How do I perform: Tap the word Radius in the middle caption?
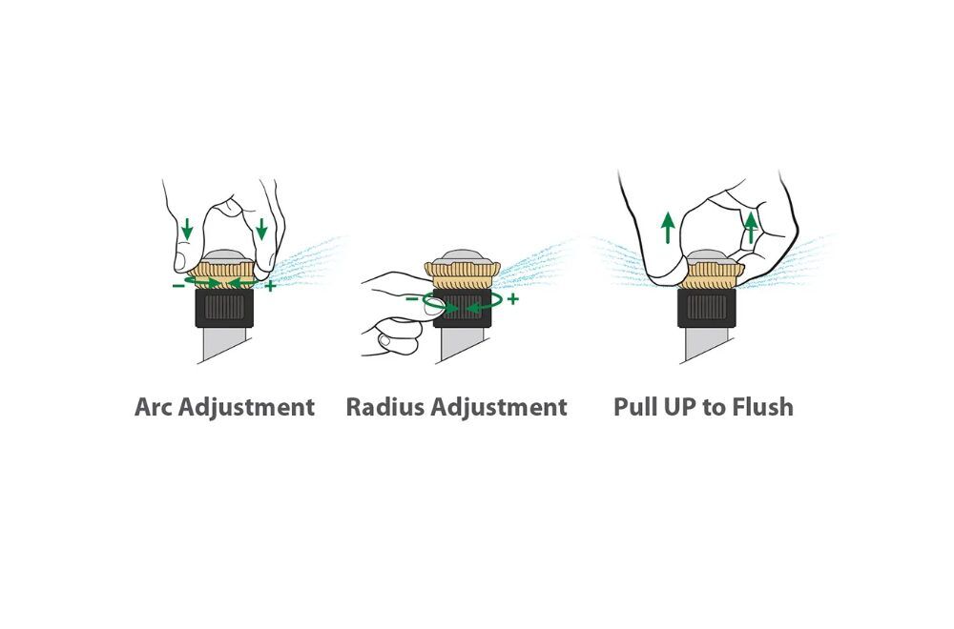pyautogui.click(x=385, y=407)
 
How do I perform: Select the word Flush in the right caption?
pyautogui.click(x=763, y=407)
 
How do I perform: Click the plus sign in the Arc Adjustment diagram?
pyautogui.click(x=271, y=286)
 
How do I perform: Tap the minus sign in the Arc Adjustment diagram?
pyautogui.click(x=177, y=285)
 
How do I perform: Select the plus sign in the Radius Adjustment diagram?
pyautogui.click(x=513, y=299)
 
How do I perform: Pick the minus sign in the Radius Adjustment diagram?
pyautogui.click(x=412, y=299)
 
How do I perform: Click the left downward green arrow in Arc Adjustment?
pyautogui.click(x=187, y=229)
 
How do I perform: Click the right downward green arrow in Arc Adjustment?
pyautogui.click(x=261, y=229)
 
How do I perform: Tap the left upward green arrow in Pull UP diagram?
pyautogui.click(x=668, y=227)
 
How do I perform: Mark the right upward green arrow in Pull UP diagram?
pyautogui.click(x=752, y=227)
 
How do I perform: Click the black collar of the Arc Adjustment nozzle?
pyautogui.click(x=224, y=308)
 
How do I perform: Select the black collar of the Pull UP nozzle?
pyautogui.click(x=706, y=308)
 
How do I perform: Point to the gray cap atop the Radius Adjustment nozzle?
pyautogui.click(x=463, y=256)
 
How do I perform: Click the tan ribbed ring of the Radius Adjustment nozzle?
pyautogui.click(x=463, y=275)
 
